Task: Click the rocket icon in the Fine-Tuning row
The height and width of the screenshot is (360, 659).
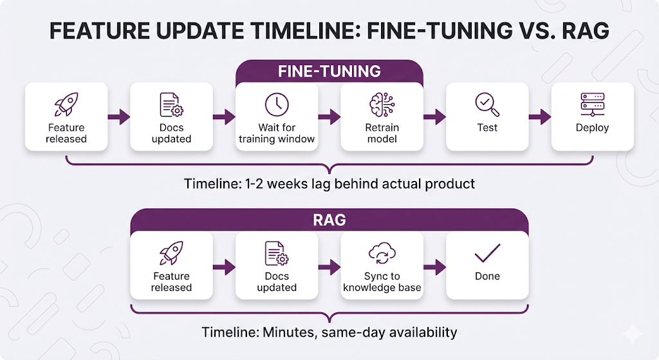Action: (66, 104)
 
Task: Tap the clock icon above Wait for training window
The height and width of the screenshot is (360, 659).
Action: (277, 104)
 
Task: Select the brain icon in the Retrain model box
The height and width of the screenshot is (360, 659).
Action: (382, 104)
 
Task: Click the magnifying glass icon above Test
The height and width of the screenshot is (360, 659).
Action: (487, 104)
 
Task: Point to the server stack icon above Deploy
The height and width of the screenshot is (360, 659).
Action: (592, 104)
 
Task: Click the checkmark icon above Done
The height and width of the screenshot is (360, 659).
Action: (487, 254)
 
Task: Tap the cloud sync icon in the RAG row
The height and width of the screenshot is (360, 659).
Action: (382, 254)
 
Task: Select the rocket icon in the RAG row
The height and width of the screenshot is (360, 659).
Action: (171, 253)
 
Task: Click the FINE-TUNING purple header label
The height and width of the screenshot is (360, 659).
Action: (329, 71)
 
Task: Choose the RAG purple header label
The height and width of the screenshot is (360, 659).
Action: (329, 220)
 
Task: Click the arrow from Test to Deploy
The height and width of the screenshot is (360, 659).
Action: (539, 117)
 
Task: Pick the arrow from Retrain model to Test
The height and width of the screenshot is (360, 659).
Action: (434, 117)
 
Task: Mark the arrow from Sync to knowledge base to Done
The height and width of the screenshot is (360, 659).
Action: (434, 267)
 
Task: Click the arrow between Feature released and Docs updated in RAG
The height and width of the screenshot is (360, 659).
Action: (224, 267)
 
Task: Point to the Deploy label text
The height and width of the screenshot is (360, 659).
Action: (592, 128)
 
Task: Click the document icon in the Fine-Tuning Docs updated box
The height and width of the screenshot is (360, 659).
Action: (171, 104)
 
